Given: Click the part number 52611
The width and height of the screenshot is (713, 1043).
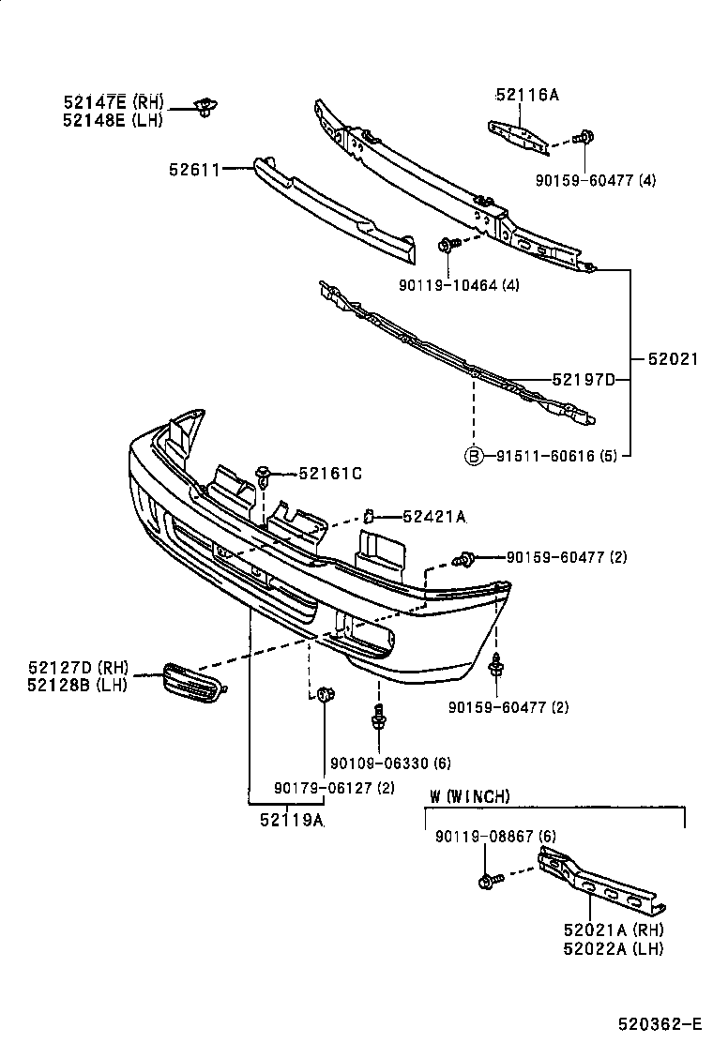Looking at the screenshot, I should click(193, 170).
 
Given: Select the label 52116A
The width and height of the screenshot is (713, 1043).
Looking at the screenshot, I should click(526, 94).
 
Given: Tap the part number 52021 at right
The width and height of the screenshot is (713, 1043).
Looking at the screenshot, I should click(673, 357).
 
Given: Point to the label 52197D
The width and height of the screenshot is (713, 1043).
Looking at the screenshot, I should click(583, 379).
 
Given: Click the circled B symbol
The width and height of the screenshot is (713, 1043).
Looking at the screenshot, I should click(475, 457).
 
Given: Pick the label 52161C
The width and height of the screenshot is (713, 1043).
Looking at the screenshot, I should click(329, 474).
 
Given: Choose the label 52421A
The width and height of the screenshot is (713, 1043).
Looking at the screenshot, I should click(433, 516).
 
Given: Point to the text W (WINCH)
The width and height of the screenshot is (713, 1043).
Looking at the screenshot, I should click(470, 796).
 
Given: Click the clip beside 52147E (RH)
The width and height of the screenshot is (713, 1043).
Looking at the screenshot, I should click(203, 106).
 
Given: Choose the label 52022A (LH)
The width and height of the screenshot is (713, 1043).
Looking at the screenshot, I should click(614, 948).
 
